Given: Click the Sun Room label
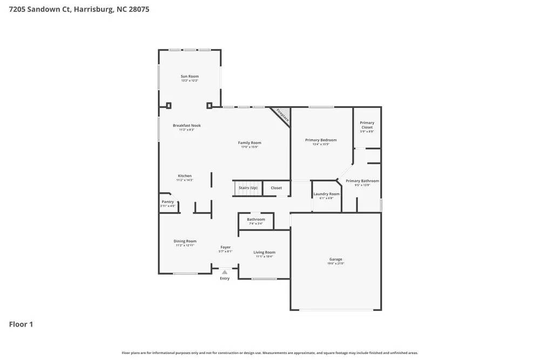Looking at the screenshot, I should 190,77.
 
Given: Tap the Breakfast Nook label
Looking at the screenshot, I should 187,125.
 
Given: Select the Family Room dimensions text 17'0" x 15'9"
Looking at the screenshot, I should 249,147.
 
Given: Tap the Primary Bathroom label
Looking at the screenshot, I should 362,181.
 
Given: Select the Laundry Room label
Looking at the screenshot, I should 327,194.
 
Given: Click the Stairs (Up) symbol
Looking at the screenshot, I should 247,188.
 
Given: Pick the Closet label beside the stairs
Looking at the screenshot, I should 276,188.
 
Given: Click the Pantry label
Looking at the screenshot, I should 168,202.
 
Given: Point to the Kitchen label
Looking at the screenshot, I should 185,176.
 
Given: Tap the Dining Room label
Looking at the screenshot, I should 185,241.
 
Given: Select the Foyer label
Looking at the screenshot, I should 225,247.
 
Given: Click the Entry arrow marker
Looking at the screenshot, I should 225,272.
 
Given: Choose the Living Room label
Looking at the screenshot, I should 265,252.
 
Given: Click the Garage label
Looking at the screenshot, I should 336,259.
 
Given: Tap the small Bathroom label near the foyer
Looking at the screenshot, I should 256,220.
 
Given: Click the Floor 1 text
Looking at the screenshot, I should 21,324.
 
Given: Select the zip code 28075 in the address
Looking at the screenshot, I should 139,9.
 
